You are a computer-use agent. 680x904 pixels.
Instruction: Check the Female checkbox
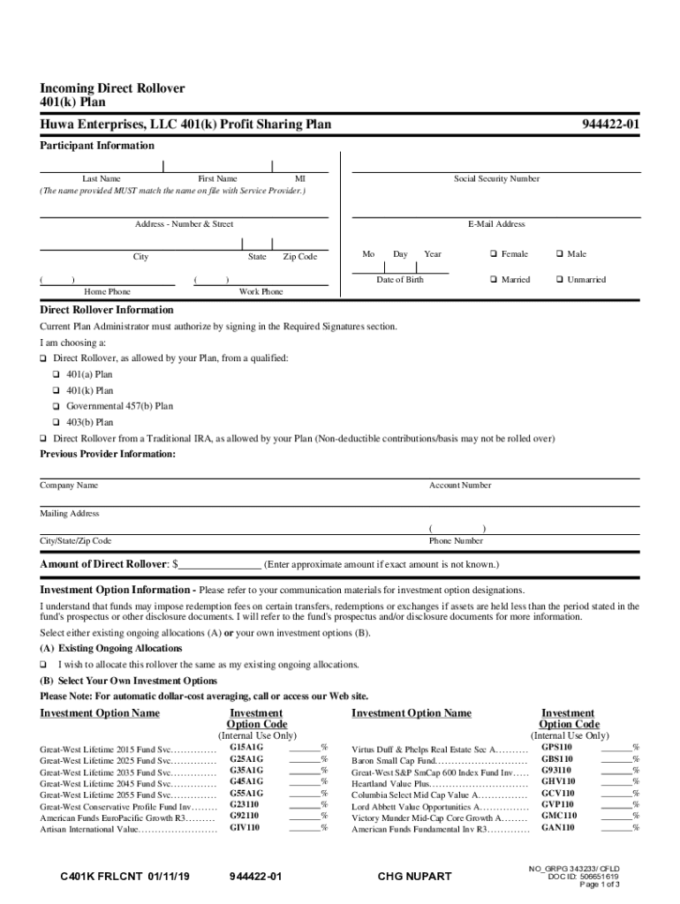coord(494,254)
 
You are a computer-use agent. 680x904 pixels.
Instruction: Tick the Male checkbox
coord(559,254)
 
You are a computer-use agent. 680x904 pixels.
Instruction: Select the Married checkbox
coord(494,280)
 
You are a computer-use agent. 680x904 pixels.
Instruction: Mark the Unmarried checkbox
coord(559,280)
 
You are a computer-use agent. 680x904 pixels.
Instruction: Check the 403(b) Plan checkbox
coord(57,423)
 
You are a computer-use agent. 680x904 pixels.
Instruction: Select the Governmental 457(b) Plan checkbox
coord(57,407)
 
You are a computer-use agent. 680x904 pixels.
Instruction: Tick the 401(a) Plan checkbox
coord(57,374)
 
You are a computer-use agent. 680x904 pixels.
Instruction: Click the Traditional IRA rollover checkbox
coord(43,439)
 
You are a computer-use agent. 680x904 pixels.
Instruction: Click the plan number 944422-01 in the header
coord(610,125)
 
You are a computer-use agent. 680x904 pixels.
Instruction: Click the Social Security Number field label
coord(496,179)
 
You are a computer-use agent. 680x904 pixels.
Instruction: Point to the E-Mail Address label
coord(496,224)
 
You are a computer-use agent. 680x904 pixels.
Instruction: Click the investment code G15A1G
coord(246,748)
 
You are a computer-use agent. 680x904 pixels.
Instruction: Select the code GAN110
coord(558,828)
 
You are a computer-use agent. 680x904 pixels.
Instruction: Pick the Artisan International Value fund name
coord(89,829)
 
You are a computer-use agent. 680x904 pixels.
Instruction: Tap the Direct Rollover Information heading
coord(107,311)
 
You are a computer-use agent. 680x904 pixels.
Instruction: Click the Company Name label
coord(69,486)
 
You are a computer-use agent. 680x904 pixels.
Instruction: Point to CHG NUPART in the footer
coord(414,877)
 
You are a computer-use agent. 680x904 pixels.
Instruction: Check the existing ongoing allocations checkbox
coord(43,665)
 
